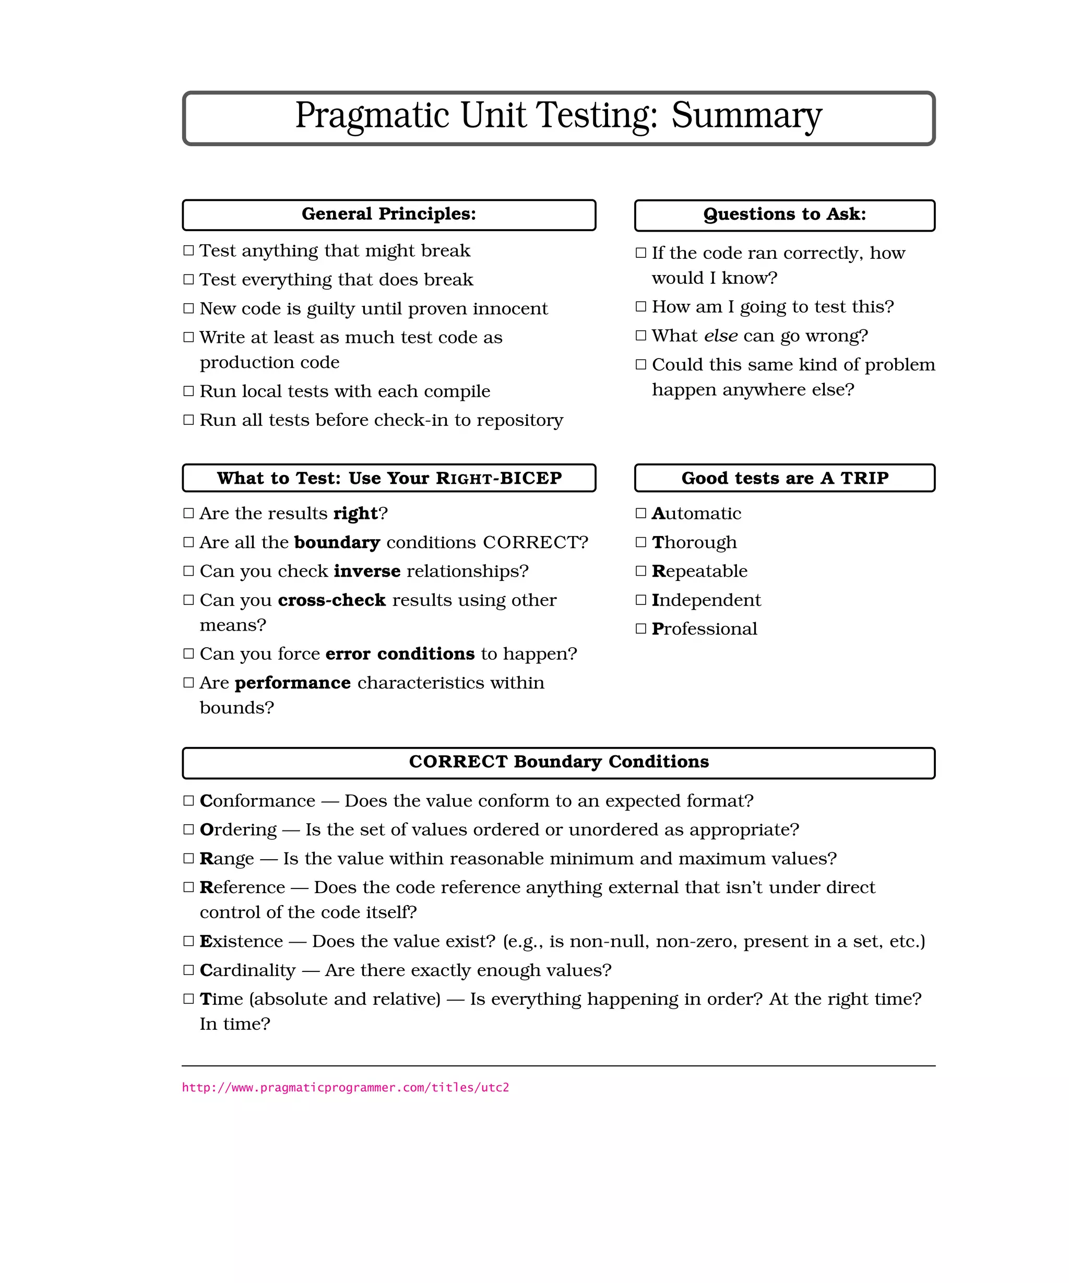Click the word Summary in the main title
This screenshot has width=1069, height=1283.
coord(746,115)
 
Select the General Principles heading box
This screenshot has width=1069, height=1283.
coord(388,215)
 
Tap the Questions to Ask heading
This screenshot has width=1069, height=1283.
coord(785,215)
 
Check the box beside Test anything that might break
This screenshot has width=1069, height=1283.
coord(189,251)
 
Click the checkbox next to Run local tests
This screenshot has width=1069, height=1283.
coord(189,391)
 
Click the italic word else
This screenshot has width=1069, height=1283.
coord(721,336)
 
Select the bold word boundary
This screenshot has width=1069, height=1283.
coord(337,542)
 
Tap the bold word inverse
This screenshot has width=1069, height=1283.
coord(367,571)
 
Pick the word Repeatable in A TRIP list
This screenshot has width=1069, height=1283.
coord(699,571)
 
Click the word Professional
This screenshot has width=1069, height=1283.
coord(704,628)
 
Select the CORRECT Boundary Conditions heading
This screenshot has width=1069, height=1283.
coord(559,762)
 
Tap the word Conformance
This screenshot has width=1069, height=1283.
coord(257,801)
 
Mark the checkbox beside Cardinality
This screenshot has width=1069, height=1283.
coord(189,970)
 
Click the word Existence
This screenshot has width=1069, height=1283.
coord(241,942)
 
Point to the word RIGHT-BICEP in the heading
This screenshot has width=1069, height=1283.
coord(498,478)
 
